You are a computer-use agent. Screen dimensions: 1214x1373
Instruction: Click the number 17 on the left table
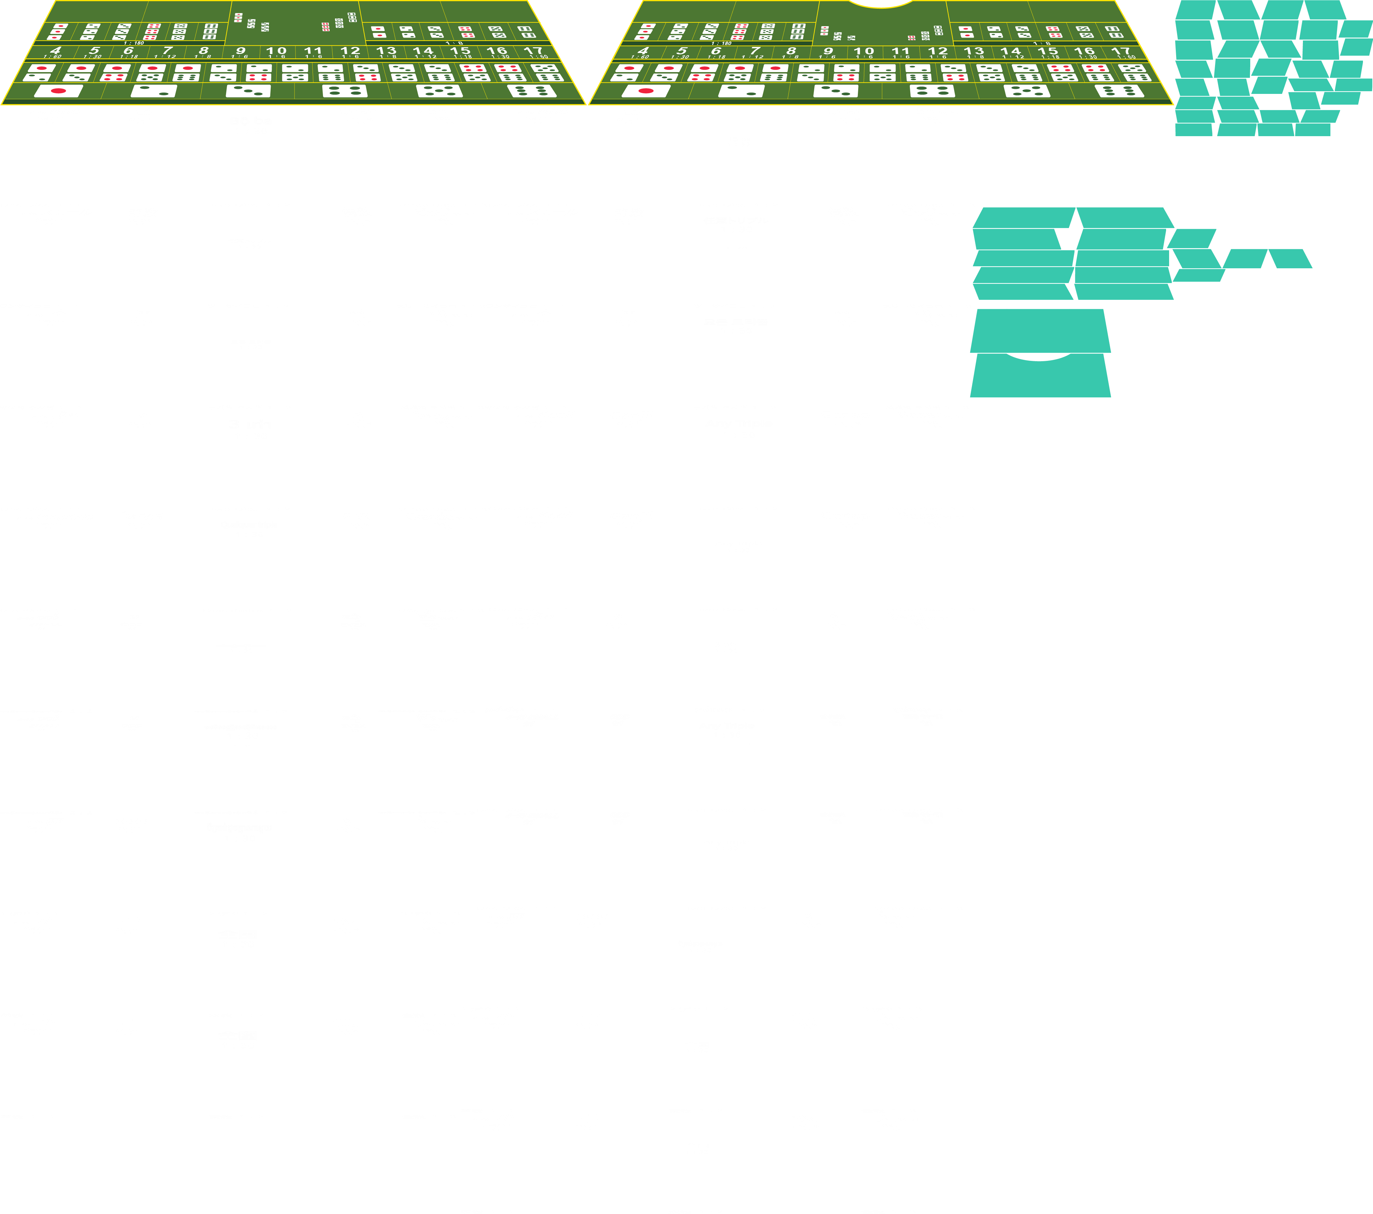[x=533, y=51]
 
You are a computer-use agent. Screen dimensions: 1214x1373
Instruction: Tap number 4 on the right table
[x=643, y=51]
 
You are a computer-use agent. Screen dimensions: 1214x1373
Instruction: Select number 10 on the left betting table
[x=276, y=51]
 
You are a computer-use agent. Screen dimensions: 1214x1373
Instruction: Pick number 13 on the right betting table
[x=974, y=51]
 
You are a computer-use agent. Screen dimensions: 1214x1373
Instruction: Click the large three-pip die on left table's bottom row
[x=249, y=91]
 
